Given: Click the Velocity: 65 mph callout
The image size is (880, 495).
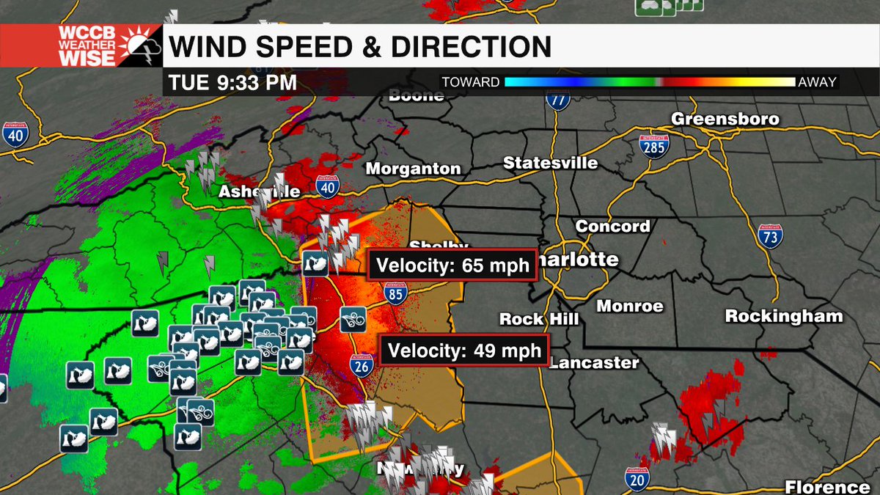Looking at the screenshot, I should click(453, 265).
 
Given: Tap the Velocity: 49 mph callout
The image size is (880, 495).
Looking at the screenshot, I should click(464, 350).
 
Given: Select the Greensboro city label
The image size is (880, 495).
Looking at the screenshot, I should click(725, 119).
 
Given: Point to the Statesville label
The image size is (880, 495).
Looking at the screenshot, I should click(550, 163).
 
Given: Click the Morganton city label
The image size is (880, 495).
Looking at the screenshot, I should click(414, 169).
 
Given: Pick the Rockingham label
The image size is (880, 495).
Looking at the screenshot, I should click(784, 316).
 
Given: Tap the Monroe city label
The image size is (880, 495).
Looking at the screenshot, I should click(630, 306).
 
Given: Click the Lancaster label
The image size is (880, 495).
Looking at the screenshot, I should click(594, 362).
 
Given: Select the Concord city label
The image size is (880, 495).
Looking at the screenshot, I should click(612, 226).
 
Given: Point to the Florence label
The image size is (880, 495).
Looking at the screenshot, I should click(827, 487).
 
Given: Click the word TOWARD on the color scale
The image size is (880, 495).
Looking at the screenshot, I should click(470, 82).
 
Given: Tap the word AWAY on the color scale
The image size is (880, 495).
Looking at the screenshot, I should click(818, 82).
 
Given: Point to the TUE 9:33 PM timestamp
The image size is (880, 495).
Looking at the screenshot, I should click(232, 82).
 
